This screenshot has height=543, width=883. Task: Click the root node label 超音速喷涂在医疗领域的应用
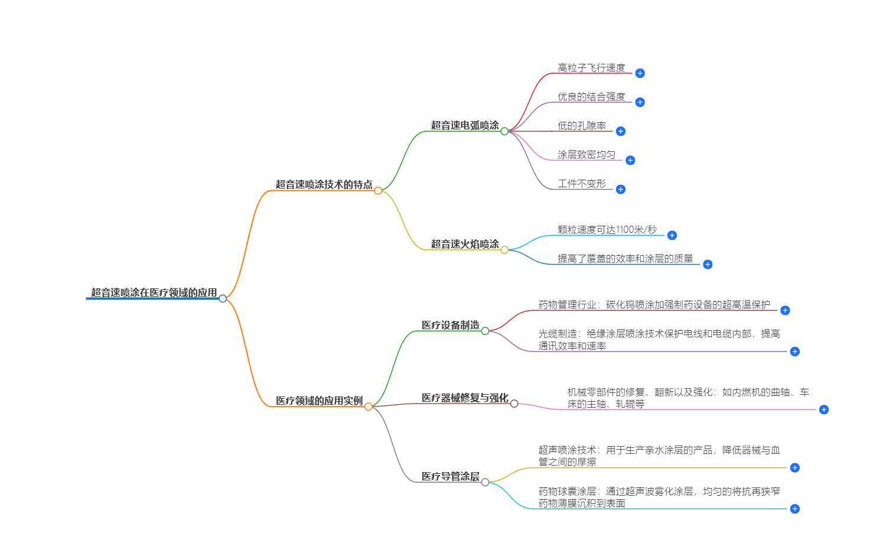click(154, 292)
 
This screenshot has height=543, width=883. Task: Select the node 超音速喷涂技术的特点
click(324, 184)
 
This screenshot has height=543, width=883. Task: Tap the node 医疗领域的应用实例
click(319, 401)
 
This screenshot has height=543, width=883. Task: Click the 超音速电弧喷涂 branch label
click(464, 125)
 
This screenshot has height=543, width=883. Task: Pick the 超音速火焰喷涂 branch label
click(464, 244)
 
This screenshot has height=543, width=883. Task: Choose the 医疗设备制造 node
click(450, 325)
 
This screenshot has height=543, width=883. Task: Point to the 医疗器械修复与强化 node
click(464, 398)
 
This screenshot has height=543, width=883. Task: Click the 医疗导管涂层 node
click(450, 476)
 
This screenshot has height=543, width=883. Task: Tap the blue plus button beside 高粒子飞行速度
click(640, 73)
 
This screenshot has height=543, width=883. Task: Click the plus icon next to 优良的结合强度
click(640, 102)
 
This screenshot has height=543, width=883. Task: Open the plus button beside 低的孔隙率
click(620, 131)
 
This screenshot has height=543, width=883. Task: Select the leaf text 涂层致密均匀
click(586, 155)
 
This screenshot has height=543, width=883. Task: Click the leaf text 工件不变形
click(581, 184)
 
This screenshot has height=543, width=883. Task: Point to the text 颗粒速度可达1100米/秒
click(607, 230)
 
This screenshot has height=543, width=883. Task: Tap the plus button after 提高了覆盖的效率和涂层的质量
click(708, 264)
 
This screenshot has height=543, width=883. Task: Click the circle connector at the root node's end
click(223, 298)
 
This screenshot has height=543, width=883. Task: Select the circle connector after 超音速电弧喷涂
click(504, 131)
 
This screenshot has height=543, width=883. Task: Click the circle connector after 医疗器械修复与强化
click(514, 404)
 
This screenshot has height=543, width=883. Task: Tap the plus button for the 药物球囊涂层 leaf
click(795, 509)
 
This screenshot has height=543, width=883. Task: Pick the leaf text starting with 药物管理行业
click(654, 305)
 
